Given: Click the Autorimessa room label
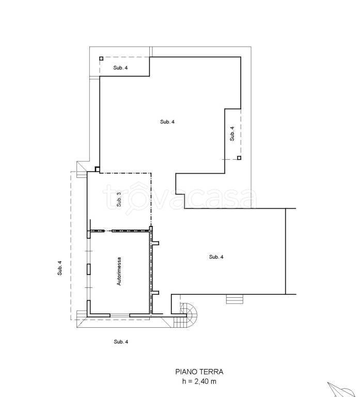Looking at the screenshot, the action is click(119, 271).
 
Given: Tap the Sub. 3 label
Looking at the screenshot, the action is click(119, 199).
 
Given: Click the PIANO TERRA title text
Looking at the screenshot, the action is click(199, 372).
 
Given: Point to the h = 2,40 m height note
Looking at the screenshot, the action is click(199, 381).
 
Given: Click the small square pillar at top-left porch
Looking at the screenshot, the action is click(101, 58).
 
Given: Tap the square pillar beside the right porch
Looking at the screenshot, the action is click(239, 158).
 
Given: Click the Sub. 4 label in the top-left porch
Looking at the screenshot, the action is click(120, 68).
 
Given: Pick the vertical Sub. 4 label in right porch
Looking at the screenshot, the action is click(232, 133).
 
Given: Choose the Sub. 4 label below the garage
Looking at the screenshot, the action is click(121, 342).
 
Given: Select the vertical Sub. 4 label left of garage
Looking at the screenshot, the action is click(60, 268).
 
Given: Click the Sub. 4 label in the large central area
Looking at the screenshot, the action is click(167, 122).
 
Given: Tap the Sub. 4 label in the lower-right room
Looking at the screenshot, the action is click(216, 257).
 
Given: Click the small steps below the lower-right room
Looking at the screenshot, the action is click(234, 299).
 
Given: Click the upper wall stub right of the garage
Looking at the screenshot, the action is click(155, 243).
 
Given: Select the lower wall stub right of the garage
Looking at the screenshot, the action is click(155, 293).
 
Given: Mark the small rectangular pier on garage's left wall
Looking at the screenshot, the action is click(88, 269).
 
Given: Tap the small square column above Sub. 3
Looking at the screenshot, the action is click(97, 169).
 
